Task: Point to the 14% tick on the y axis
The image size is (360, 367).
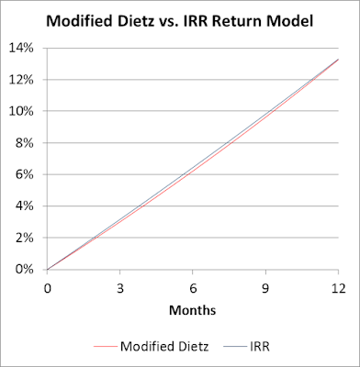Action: [x=24, y=49]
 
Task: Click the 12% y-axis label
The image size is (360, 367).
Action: [x=24, y=80]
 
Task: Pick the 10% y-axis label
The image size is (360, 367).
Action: [x=24, y=112]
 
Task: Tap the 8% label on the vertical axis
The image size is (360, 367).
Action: [x=27, y=143]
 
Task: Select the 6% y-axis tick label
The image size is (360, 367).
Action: [x=27, y=175]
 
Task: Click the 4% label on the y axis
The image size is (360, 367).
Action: [x=27, y=206]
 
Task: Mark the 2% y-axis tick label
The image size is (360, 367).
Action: [x=27, y=238]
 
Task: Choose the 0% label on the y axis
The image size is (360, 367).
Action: [x=27, y=270]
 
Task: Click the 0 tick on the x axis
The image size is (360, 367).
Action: [x=47, y=286]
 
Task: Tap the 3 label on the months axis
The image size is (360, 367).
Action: [x=119, y=286]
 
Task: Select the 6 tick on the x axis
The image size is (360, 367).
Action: [x=193, y=286]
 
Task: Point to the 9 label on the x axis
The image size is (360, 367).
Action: [x=265, y=286]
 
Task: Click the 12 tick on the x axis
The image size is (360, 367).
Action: [x=338, y=286]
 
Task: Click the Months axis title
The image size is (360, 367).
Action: [x=192, y=310]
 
